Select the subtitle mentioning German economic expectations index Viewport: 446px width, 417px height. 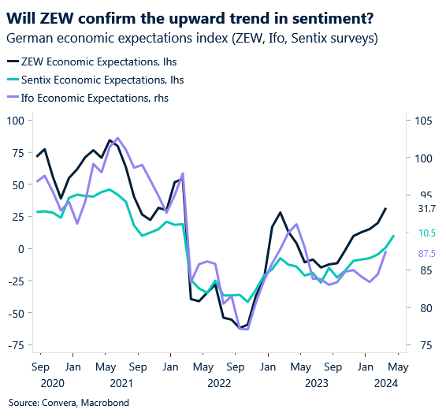(191, 38)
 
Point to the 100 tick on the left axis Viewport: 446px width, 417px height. (16, 120)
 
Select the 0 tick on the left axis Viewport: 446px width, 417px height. (20, 248)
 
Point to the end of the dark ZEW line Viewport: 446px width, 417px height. (386, 208)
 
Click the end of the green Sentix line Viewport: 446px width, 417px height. (394, 236)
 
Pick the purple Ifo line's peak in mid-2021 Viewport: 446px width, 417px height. (118, 138)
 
